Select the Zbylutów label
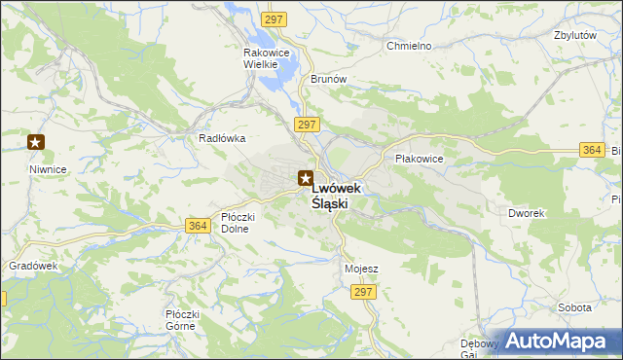pyautogui.click(x=573, y=34)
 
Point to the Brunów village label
pyautogui.click(x=329, y=80)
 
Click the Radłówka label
pyautogui.click(x=221, y=138)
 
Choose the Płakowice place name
pyautogui.click(x=419, y=158)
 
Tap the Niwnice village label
pyautogui.click(x=48, y=168)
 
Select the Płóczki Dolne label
pyautogui.click(x=238, y=223)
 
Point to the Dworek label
pyautogui.click(x=526, y=212)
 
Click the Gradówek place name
pyautogui.click(x=34, y=266)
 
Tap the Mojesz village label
pyautogui.click(x=361, y=268)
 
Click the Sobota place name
pyautogui.click(x=574, y=307)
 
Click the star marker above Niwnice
pyautogui.click(x=36, y=143)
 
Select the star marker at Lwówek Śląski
pyautogui.click(x=306, y=178)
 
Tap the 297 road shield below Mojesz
pyautogui.click(x=364, y=292)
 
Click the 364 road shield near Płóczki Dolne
pyautogui.click(x=197, y=226)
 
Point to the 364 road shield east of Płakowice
pyautogui.click(x=591, y=150)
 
